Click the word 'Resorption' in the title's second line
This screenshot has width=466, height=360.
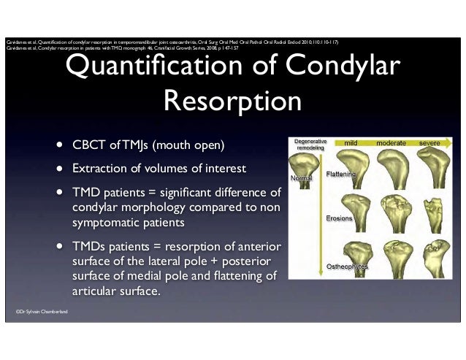(x=233, y=100)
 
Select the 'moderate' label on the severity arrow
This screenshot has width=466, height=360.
(x=391, y=143)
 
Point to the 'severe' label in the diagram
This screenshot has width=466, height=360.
(x=429, y=143)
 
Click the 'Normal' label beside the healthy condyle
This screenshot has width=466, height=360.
(x=301, y=178)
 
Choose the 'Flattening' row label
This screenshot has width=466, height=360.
(x=340, y=175)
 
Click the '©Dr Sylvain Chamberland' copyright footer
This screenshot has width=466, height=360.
(x=42, y=312)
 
